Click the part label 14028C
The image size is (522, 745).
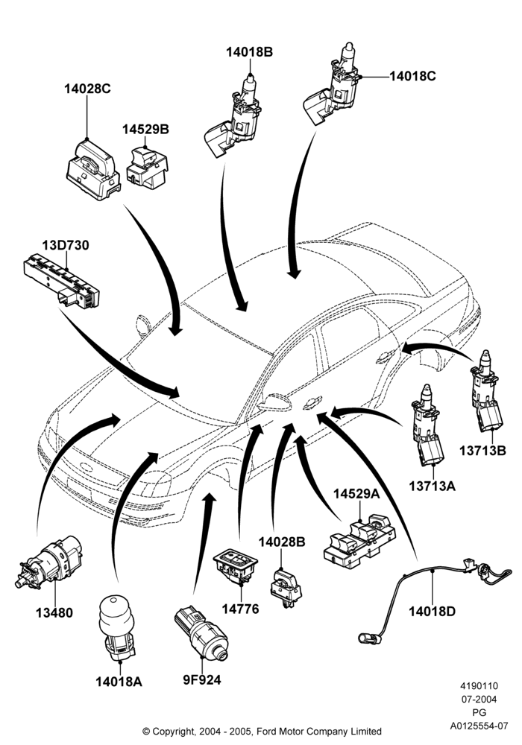[87, 89]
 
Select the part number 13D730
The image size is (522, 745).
[66, 246]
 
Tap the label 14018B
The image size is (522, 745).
[249, 52]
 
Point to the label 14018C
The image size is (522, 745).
[412, 76]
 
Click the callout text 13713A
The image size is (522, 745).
[433, 486]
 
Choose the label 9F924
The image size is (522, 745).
[202, 680]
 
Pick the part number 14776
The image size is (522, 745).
[241, 609]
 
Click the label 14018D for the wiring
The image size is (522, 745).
[433, 611]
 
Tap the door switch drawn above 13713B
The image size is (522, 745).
[486, 392]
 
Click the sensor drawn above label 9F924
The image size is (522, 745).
[202, 633]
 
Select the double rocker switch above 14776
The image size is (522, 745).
[236, 566]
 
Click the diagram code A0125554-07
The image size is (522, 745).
[479, 726]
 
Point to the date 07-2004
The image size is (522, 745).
[479, 700]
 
